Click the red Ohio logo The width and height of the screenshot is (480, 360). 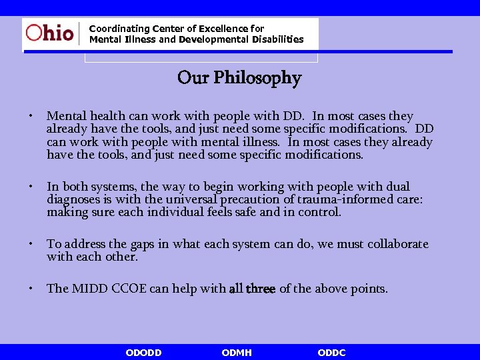(x=49, y=33)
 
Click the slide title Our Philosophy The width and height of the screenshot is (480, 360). (x=239, y=78)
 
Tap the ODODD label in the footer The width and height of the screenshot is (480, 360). (x=143, y=353)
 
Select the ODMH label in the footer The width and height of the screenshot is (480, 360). (x=237, y=353)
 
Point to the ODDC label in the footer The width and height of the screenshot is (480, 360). (x=331, y=353)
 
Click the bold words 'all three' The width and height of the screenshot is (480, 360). (x=252, y=289)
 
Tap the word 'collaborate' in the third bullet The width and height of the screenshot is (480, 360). (x=394, y=244)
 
